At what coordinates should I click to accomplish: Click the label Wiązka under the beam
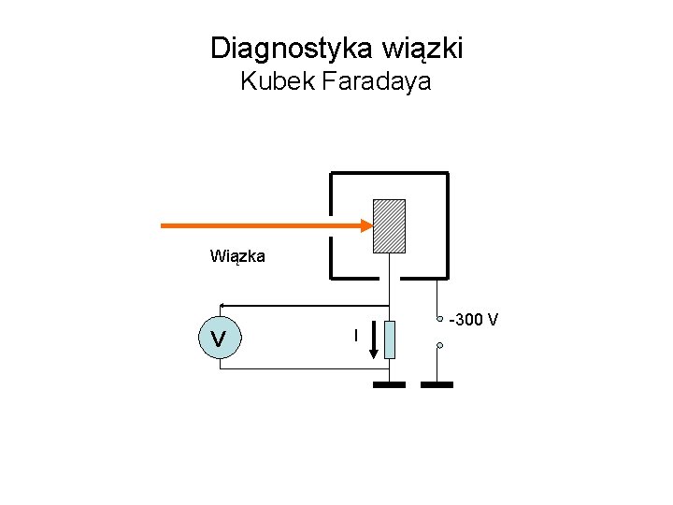237,255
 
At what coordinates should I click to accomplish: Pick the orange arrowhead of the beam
365,225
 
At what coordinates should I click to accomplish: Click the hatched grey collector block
389,226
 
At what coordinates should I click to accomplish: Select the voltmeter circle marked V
219,337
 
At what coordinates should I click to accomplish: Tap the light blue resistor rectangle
390,339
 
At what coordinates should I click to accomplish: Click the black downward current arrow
373,341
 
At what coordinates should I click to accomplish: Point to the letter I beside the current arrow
355,335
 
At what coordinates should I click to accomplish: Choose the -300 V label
474,321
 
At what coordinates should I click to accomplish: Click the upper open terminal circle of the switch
440,319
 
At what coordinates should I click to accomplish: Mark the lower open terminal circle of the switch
439,345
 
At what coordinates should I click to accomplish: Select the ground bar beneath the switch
437,384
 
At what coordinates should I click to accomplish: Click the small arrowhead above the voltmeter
222,305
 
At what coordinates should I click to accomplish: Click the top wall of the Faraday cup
389,173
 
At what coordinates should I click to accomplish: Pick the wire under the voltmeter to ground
299,368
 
